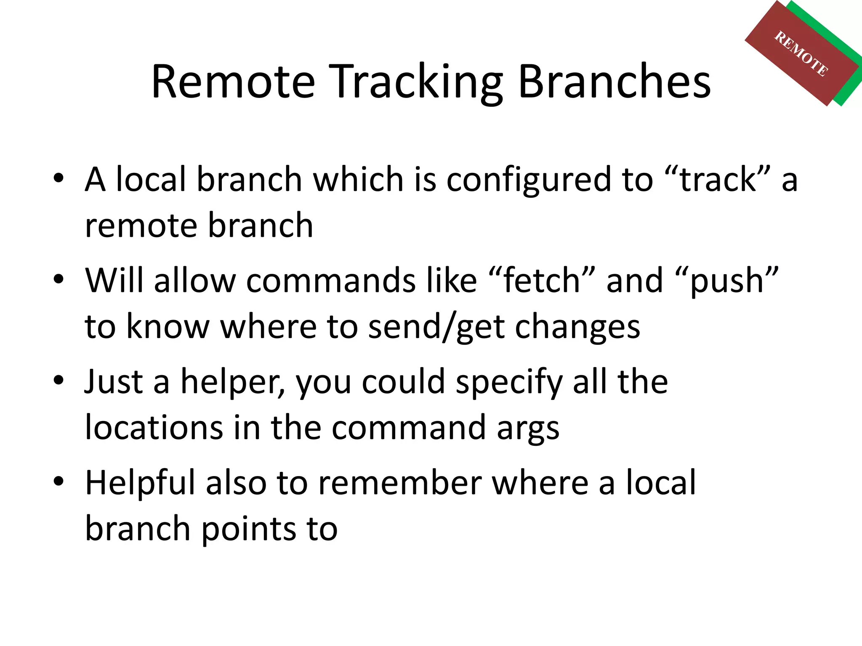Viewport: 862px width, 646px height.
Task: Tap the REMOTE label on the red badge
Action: (801, 53)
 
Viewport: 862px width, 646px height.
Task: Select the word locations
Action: (154, 428)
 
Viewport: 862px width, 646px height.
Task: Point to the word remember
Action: (399, 483)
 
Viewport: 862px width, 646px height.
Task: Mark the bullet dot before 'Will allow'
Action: (59, 279)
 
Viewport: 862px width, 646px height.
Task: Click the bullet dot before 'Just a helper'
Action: (59, 380)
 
